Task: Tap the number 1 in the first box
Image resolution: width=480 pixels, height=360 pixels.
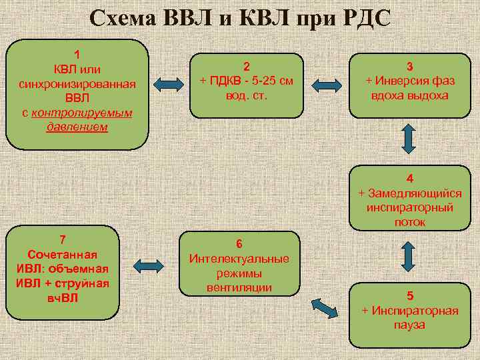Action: [x=77, y=54]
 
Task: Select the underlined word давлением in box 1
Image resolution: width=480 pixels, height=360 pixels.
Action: [x=77, y=127]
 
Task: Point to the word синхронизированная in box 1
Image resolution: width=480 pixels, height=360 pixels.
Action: [x=77, y=83]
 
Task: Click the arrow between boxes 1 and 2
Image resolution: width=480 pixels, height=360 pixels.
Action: [x=169, y=83]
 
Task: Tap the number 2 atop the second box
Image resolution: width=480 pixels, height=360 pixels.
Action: [x=247, y=66]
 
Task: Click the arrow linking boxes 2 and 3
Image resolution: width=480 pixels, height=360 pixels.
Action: [x=327, y=84]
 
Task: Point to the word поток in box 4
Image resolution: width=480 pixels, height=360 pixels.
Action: [x=409, y=222]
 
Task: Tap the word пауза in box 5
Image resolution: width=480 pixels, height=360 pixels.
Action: [x=409, y=325]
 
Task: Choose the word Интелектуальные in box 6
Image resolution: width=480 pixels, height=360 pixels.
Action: [x=239, y=258]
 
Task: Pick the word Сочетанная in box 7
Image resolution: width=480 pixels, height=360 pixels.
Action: [x=63, y=255]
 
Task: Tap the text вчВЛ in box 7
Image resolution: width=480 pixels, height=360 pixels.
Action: [x=63, y=297]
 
